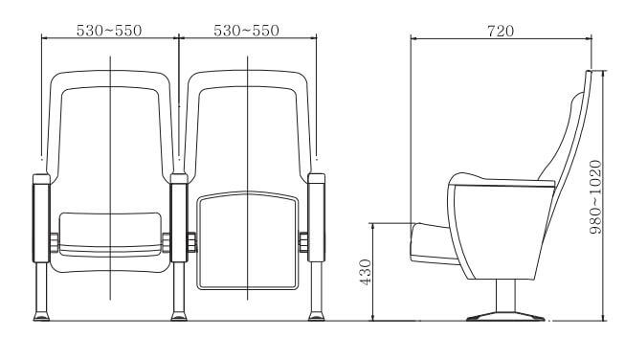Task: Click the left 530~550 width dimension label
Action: pyautogui.click(x=109, y=31)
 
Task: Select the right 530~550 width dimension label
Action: pyautogui.click(x=246, y=31)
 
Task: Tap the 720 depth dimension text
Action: pyautogui.click(x=499, y=31)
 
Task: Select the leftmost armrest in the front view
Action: pyautogui.click(x=41, y=217)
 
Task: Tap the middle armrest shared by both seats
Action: pyautogui.click(x=178, y=217)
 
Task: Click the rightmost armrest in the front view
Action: pyautogui.click(x=315, y=217)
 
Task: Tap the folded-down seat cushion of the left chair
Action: pyautogui.click(x=109, y=234)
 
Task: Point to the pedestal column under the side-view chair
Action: pyautogui.click(x=498, y=292)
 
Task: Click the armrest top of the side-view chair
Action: pyautogui.click(x=503, y=178)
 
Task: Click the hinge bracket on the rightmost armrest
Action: pyautogui.click(x=303, y=242)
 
